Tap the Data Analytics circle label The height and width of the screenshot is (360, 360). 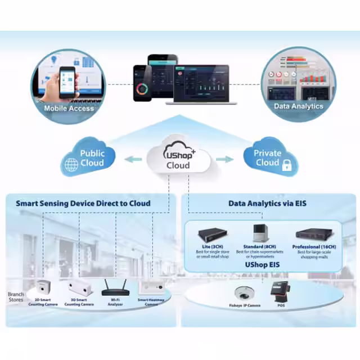298,106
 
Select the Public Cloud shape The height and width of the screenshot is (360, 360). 90,157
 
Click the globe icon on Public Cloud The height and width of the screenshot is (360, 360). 71,165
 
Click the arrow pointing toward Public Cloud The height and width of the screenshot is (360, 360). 133,159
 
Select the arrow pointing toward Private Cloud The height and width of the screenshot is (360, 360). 224,159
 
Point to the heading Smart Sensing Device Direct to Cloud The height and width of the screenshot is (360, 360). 83,203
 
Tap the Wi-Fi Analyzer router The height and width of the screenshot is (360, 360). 116,288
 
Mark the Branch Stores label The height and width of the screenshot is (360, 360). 16,298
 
